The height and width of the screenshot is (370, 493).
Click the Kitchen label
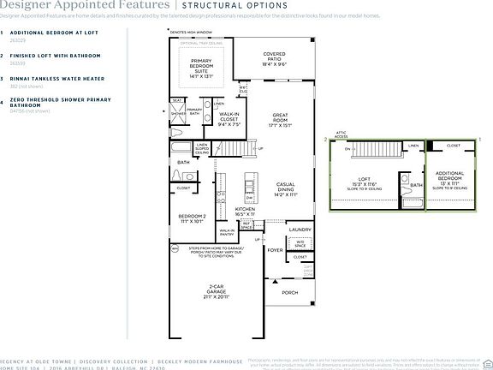tap(246, 208)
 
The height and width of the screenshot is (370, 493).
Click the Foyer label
tap(275, 251)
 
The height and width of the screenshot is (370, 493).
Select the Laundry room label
tap(299, 230)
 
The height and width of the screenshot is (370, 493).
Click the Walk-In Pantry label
tap(227, 231)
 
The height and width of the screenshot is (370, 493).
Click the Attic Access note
tap(341, 135)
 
